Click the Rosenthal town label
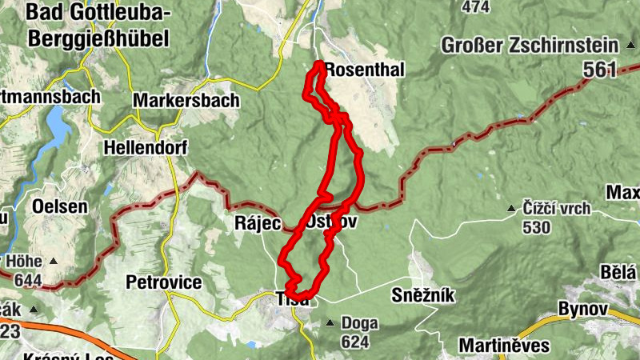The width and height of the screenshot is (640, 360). (366, 70)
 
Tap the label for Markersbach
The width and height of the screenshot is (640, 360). (186, 101)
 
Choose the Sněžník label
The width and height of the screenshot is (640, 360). (423, 295)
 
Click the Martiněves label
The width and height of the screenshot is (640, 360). (504, 346)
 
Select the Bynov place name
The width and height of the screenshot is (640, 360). (584, 309)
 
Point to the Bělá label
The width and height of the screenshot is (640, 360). (620, 271)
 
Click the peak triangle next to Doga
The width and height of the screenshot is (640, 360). (330, 323)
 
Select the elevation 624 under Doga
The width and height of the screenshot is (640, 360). (354, 342)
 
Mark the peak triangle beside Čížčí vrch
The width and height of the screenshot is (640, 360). (511, 210)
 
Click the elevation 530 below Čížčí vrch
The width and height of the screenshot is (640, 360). (535, 227)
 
